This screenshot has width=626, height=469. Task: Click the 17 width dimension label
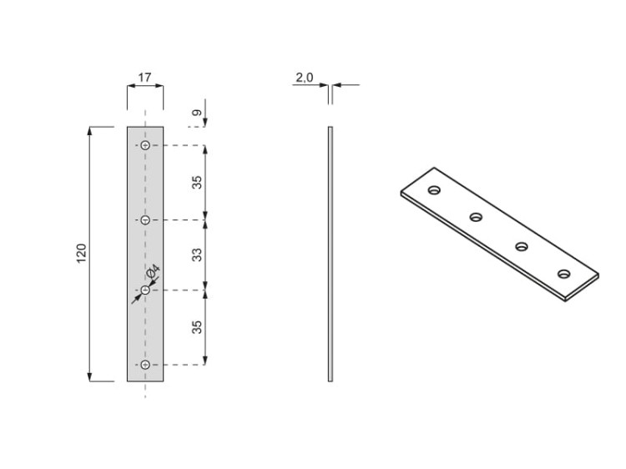[x=144, y=78]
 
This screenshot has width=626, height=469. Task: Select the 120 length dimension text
[x=81, y=254]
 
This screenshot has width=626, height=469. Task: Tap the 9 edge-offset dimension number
[x=196, y=113]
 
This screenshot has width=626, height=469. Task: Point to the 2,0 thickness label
[x=304, y=78]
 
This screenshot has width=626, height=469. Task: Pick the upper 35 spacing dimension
[x=197, y=182]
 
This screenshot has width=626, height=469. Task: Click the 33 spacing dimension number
[x=197, y=255]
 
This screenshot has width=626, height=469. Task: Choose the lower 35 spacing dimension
[x=197, y=326]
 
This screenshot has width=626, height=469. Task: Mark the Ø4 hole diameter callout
[x=153, y=273]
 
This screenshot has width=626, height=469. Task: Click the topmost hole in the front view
[x=145, y=146]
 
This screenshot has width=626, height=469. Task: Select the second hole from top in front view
[x=145, y=220]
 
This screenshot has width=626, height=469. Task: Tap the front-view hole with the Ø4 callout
[x=145, y=290]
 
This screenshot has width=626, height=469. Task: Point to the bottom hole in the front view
[x=145, y=365]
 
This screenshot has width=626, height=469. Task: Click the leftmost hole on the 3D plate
[x=434, y=190]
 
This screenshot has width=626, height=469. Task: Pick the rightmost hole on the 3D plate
[x=564, y=274]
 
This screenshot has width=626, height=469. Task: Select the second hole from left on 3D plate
[x=476, y=218]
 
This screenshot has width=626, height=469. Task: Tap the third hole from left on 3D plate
[x=522, y=246]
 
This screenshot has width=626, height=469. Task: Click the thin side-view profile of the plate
[x=331, y=254]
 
